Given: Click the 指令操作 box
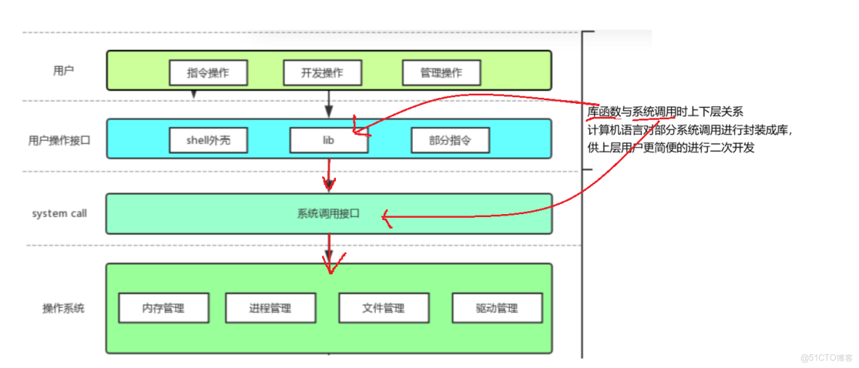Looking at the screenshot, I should coord(208,73).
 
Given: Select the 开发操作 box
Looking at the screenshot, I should coord(322,73).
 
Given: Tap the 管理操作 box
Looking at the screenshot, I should coord(441,73).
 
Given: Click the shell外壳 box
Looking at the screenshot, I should coord(208,140).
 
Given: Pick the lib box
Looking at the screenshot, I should coord(328,140).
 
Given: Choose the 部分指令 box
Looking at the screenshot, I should coord(450,140).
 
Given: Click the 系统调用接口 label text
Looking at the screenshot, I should coord(328,214).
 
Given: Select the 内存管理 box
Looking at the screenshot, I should coord(163,308).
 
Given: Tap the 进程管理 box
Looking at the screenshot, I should coord(271,308).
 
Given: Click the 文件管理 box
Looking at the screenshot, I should coord(384,308).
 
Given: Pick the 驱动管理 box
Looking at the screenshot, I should coord(497,308).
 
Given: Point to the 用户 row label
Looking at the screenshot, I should coord(63,70).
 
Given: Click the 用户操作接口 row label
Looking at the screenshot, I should coord(59,140).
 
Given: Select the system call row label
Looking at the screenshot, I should coord(59,213).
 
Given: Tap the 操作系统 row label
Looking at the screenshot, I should coord(63,308).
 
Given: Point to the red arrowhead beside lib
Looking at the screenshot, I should coord(357,130).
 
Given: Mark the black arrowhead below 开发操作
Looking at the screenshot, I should coord(329,111).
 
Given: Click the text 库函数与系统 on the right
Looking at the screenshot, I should coord(620,112).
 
